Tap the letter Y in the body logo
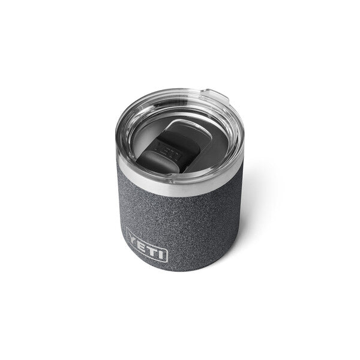(133, 241)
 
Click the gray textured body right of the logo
(204, 240)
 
